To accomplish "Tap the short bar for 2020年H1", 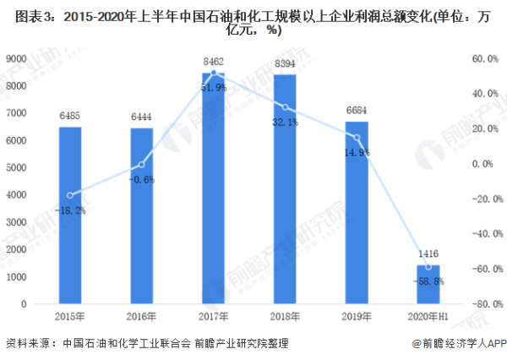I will [x=428, y=285].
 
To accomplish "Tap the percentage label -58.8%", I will [x=428, y=281].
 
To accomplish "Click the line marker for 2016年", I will [x=141, y=164].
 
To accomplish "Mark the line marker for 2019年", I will [x=357, y=137].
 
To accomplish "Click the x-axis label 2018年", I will [x=285, y=317].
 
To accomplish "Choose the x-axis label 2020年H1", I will [x=428, y=317].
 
